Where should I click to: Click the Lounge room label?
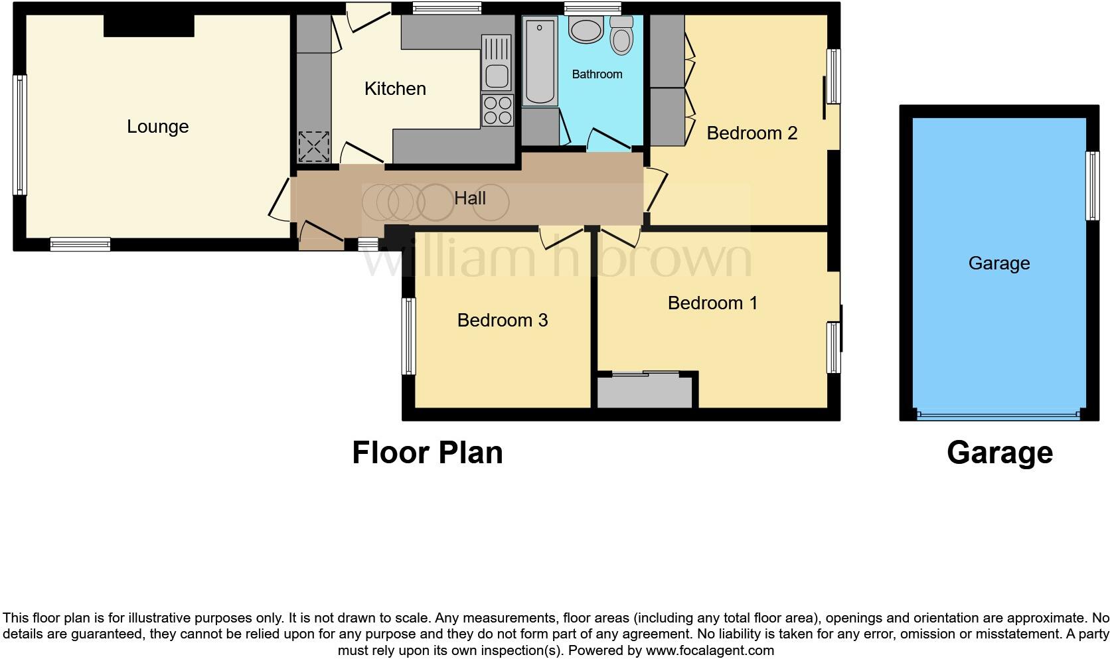[157, 127]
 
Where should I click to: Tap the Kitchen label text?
[395, 89]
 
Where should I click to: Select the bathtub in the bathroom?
[540, 62]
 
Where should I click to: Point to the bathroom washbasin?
[586, 30]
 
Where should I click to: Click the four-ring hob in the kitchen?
[497, 110]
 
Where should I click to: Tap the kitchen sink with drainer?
[497, 64]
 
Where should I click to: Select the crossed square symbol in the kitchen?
[314, 147]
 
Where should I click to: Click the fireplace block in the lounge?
[149, 25]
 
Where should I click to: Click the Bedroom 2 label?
[752, 133]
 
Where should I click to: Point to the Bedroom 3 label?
[503, 321]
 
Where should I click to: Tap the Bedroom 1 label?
[712, 303]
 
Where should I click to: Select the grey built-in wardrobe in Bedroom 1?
[645, 392]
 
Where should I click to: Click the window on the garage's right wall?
[1092, 186]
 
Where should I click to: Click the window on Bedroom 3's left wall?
[409, 336]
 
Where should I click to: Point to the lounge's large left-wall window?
[20, 135]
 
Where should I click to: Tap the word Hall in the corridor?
[470, 198]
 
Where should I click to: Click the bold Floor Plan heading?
[427, 453]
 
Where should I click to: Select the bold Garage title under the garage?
[999, 453]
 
